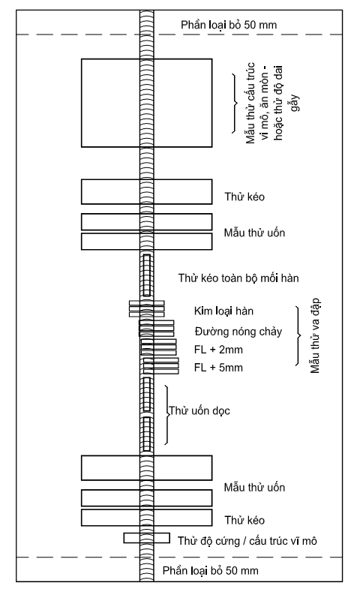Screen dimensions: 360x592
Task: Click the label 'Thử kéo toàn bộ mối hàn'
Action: click(238, 278)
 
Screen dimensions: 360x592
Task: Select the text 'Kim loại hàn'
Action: click(223, 311)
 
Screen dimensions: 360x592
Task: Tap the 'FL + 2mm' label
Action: click(218, 350)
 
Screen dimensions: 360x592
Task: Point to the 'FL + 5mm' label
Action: click(218, 368)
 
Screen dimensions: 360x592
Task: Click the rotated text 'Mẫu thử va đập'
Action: click(315, 335)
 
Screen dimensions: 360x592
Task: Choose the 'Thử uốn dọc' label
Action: click(199, 410)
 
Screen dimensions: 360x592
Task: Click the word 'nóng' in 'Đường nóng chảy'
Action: click(239, 332)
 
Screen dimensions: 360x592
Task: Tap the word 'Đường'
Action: click(210, 332)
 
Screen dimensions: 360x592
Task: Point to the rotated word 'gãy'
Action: click(295, 103)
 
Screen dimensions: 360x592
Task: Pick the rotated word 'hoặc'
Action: click(278, 129)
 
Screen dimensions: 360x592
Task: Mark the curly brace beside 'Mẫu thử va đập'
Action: click(298, 335)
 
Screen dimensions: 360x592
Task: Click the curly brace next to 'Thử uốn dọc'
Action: click(166, 415)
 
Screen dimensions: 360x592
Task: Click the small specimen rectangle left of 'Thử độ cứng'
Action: click(146, 538)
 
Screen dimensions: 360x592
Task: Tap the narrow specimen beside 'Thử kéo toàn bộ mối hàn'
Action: click(147, 275)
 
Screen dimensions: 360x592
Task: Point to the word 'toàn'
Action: click(229, 278)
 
